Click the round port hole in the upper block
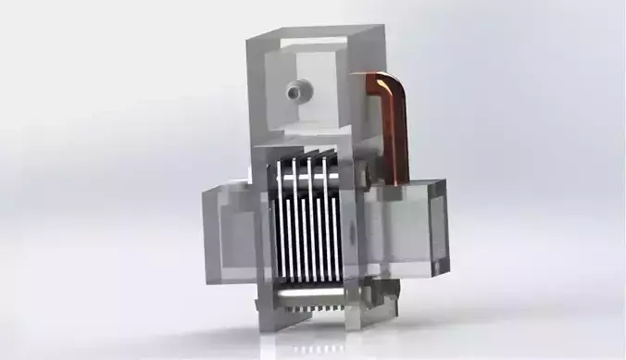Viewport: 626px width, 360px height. [298, 91]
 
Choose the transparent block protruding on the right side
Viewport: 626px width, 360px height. [407, 227]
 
